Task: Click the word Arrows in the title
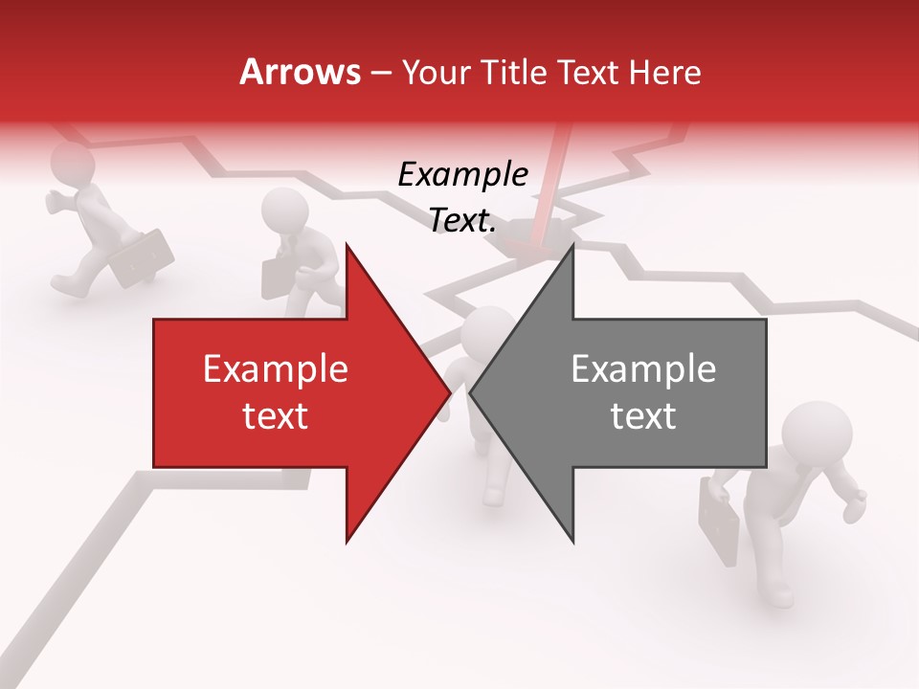(x=300, y=73)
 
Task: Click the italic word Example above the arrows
(x=462, y=175)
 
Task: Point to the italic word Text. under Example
(x=462, y=221)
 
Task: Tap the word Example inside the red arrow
(x=276, y=369)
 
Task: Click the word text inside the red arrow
(x=276, y=416)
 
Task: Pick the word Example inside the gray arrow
(x=643, y=369)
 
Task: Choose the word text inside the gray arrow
(x=643, y=416)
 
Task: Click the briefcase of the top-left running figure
(x=142, y=257)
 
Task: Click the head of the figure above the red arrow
(x=283, y=210)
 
